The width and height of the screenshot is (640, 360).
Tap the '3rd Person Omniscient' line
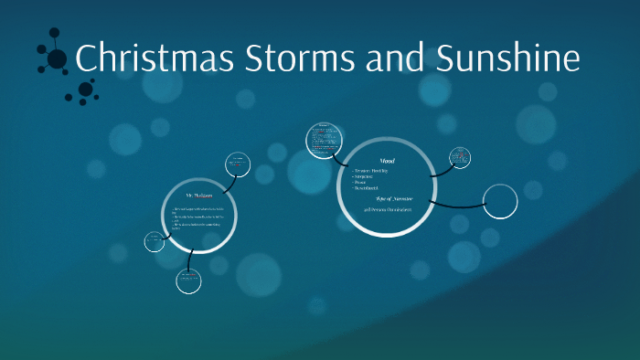pyautogui.click(x=386, y=210)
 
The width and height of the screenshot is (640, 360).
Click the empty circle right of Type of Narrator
pyautogui.click(x=499, y=201)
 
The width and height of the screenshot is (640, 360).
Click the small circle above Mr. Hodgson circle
pyautogui.click(x=239, y=164)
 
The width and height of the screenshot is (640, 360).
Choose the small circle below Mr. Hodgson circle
pyautogui.click(x=189, y=281)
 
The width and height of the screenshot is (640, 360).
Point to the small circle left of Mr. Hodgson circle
pyautogui.click(x=155, y=241)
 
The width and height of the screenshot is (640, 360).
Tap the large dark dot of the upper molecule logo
pyautogui.click(x=57, y=59)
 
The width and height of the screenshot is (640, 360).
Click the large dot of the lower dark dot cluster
pyautogui.click(x=85, y=90)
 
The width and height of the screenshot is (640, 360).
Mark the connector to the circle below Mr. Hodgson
pyautogui.click(x=189, y=260)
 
